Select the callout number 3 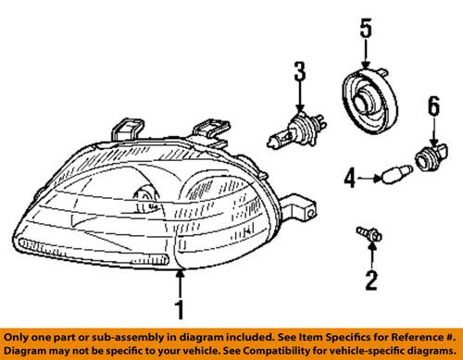(299, 70)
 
